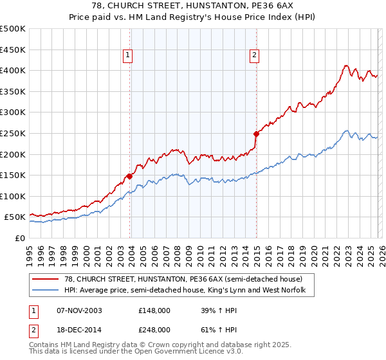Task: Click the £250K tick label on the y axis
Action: point(13,133)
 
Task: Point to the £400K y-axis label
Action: point(13,70)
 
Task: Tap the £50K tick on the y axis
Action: point(15,217)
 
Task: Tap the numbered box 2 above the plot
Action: point(255,56)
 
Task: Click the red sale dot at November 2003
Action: point(130,175)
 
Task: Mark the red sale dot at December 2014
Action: point(256,134)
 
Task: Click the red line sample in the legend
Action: point(46,279)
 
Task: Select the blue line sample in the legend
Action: point(46,291)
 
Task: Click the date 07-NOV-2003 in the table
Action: point(79,310)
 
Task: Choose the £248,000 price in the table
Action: point(154,329)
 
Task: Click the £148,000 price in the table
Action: point(154,310)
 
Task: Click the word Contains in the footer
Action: point(44,346)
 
